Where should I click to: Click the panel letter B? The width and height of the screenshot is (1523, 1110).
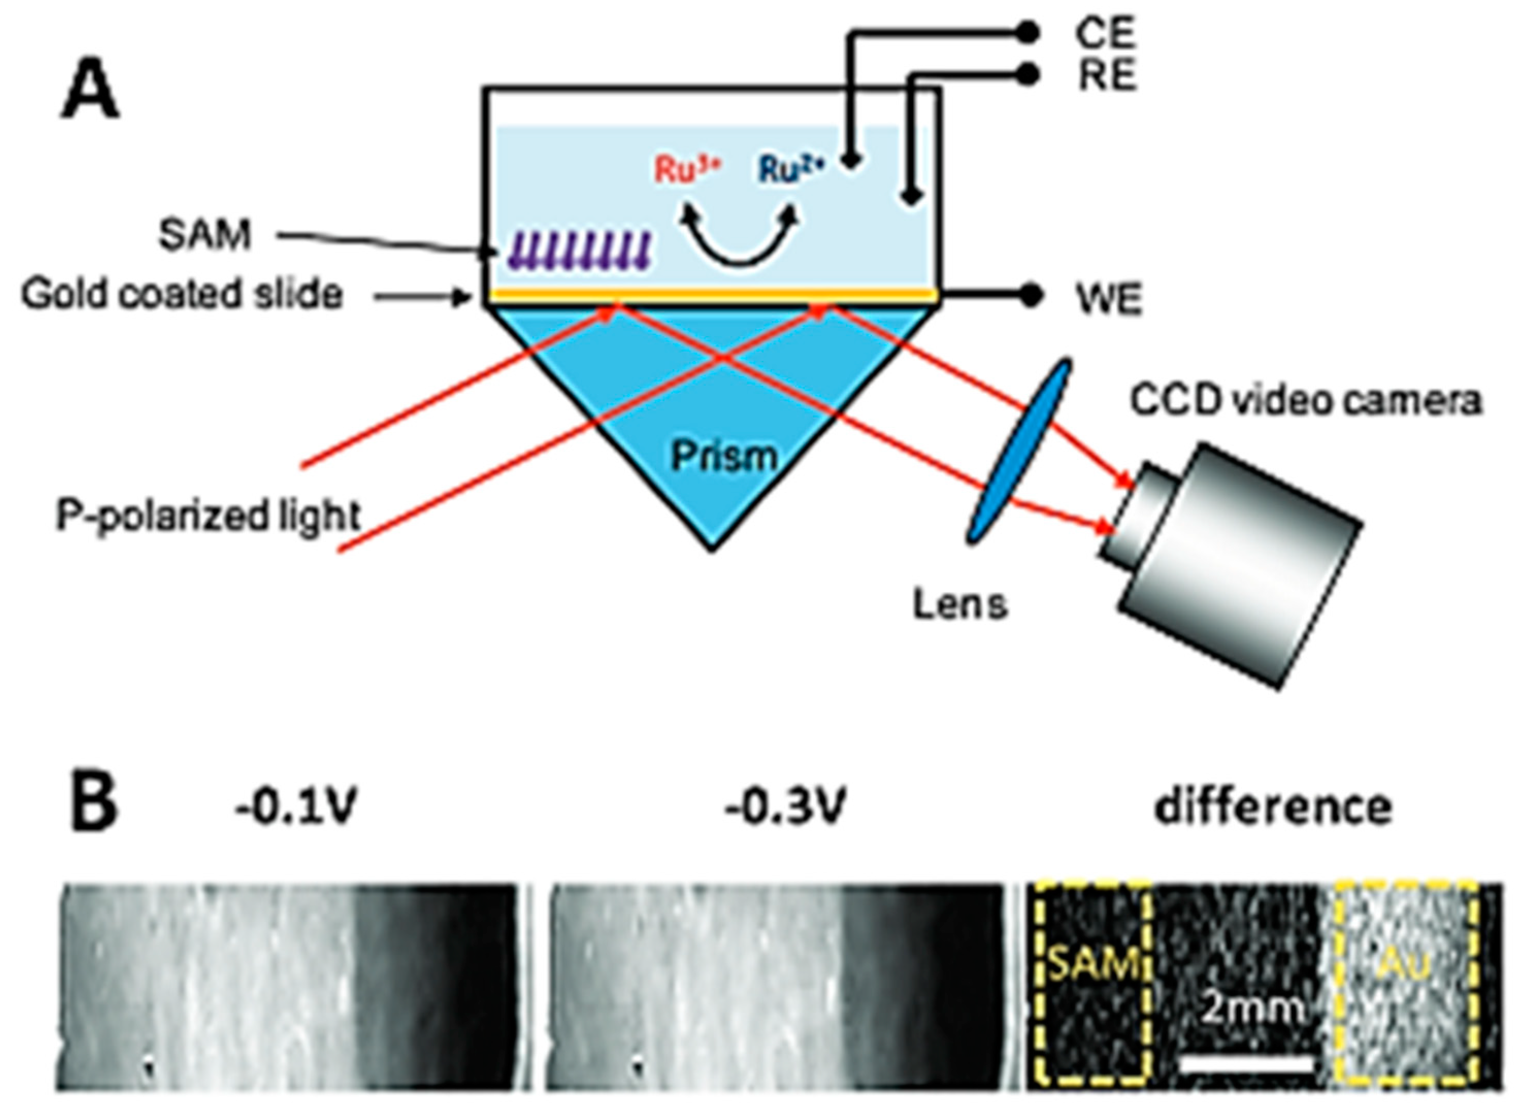93,807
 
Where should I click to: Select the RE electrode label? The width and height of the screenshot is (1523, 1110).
1107,75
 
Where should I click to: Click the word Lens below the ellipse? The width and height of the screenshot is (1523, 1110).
960,605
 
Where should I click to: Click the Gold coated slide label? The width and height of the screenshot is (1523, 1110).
182,294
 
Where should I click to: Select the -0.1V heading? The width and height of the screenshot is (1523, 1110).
295,804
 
